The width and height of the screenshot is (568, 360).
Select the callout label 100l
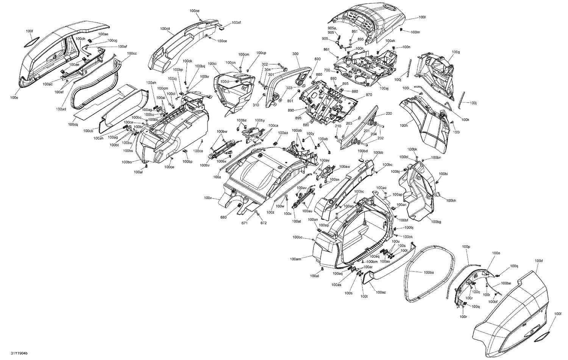pos(422,17)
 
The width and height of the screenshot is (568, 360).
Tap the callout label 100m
pos(415,32)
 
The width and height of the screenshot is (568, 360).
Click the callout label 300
pos(295,54)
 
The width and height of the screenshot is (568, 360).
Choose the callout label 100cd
pos(165,29)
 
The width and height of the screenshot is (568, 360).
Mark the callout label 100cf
pos(236,22)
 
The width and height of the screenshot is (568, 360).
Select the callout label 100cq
pos(73,124)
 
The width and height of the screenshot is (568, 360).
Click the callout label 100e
pos(14,97)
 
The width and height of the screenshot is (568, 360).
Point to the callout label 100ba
pos(429,272)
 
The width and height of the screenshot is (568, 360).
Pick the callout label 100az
pos(381,292)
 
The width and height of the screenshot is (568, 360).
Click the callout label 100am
pos(295,259)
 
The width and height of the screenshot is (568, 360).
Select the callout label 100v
pos(208,198)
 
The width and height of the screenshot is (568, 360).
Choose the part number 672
pos(263,223)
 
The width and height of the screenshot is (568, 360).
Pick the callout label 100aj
pos(384,88)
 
